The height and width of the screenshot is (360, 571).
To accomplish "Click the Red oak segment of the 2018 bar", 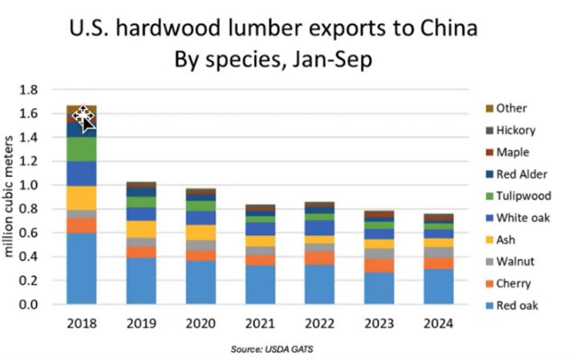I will pyautogui.click(x=81, y=269).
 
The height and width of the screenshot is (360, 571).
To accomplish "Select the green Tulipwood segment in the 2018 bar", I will pyautogui.click(x=81, y=149).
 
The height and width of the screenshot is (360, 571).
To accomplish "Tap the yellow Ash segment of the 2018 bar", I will pyautogui.click(x=81, y=198).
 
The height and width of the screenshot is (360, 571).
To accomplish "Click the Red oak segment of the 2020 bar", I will pyautogui.click(x=200, y=282).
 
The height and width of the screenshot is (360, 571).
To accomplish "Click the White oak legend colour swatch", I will pyautogui.click(x=488, y=218).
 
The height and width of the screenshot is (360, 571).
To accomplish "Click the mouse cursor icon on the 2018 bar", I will pyautogui.click(x=83, y=118).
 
